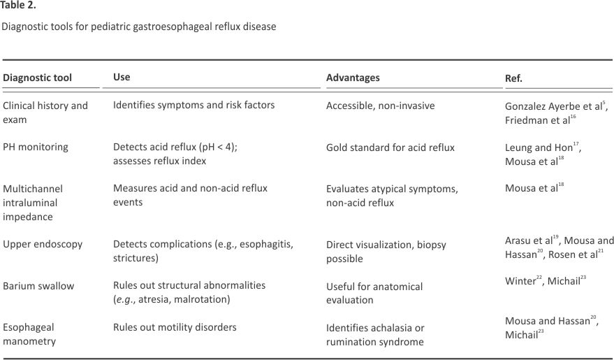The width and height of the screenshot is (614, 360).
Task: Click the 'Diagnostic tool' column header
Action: point(37,78)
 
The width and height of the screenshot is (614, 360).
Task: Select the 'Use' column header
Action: point(122,77)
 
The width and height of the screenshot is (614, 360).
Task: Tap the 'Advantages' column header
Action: point(353,78)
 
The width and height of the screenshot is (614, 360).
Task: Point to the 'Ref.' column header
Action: point(513,78)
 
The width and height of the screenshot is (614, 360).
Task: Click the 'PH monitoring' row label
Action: point(36,147)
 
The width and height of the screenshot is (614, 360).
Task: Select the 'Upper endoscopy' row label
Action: point(43,244)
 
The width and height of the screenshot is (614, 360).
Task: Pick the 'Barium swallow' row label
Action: point(38,286)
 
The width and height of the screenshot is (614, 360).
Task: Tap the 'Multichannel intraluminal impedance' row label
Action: point(36,203)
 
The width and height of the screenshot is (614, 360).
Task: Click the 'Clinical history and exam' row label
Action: point(45,113)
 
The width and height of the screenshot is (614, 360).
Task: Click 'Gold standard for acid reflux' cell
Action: point(390,147)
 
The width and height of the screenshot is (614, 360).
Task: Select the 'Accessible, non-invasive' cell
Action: point(380,106)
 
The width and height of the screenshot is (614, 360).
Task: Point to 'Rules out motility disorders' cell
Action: point(175,327)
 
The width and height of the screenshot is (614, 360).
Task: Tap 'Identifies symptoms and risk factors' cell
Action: point(193,106)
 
